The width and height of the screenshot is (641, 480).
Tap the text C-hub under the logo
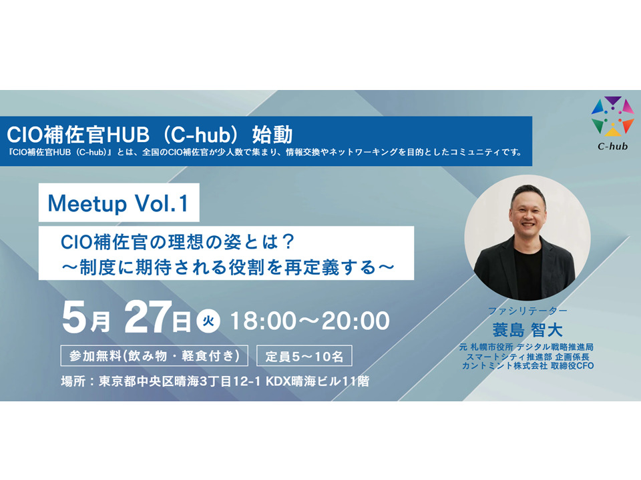point(612,146)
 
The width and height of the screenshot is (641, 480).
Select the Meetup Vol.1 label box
point(119,203)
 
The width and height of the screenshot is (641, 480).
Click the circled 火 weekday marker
point(208,321)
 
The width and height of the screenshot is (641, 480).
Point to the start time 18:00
point(263,321)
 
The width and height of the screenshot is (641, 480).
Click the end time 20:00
point(356,321)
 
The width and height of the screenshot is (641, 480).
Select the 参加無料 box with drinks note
point(154,356)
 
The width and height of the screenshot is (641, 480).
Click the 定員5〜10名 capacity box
point(304,356)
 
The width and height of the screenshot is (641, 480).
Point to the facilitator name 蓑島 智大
point(527,330)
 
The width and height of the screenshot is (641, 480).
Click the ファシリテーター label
point(527,311)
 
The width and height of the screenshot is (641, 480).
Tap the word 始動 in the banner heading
point(272,135)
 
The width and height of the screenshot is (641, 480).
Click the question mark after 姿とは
point(288,242)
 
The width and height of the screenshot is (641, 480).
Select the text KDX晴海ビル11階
point(318,381)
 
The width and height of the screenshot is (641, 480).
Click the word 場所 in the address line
point(73,381)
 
